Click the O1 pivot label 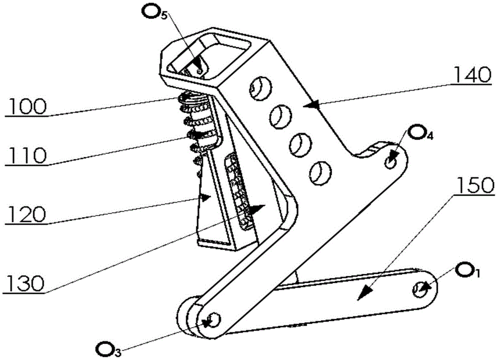pyautogui.click(x=467, y=270)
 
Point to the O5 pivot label pyautogui.click(x=155, y=12)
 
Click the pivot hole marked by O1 pyautogui.click(x=419, y=289)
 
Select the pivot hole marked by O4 pyautogui.click(x=390, y=163)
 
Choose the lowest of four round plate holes pyautogui.click(x=320, y=173)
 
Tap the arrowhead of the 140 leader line pyautogui.click(x=313, y=105)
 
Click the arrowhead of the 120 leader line pyautogui.click(x=205, y=197)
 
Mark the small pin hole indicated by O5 pyautogui.click(x=199, y=71)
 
